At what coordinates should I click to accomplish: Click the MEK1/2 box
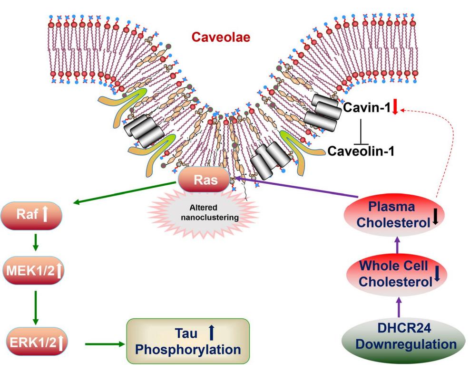pos(33,272)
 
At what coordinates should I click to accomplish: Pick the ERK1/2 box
pos(33,342)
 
